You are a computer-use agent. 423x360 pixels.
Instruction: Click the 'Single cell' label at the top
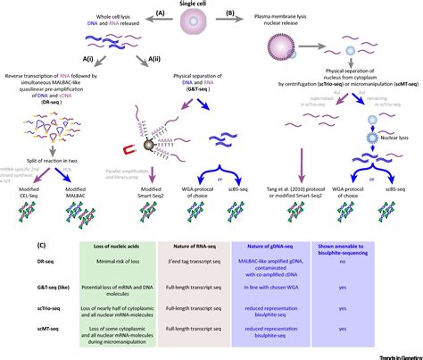pyautogui.click(x=211, y=5)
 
